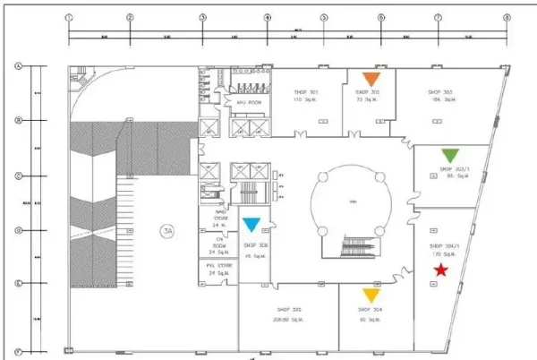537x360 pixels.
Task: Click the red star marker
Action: (440, 270)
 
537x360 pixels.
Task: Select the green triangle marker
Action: (450, 154)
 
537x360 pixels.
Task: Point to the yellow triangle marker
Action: (371, 295)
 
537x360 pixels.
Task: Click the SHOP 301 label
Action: (307, 92)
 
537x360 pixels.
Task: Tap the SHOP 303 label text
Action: (440, 92)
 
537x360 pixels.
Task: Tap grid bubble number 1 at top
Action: (70, 17)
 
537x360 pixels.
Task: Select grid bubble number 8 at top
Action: (507, 17)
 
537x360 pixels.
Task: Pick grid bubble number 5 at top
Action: (324, 17)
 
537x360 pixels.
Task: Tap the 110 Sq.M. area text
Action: (307, 100)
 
